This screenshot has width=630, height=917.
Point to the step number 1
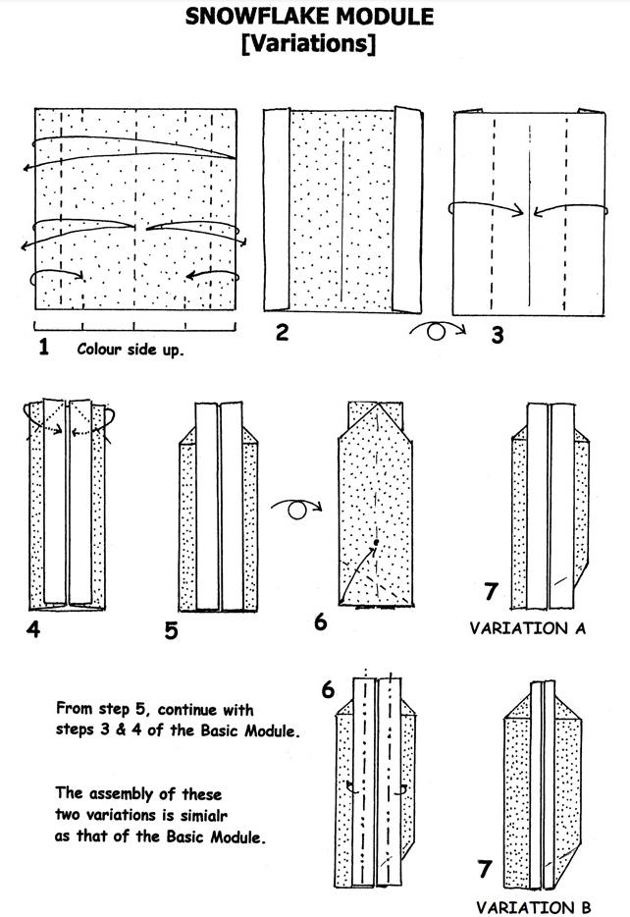(43, 347)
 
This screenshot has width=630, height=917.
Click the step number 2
(282, 332)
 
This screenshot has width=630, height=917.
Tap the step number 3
(498, 335)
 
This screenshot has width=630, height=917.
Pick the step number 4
(32, 627)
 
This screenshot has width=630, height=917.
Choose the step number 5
(171, 629)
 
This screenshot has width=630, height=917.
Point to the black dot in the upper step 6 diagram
(375, 542)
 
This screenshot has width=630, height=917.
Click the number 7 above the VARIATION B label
(484, 869)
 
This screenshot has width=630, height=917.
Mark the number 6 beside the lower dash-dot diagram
(329, 690)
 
